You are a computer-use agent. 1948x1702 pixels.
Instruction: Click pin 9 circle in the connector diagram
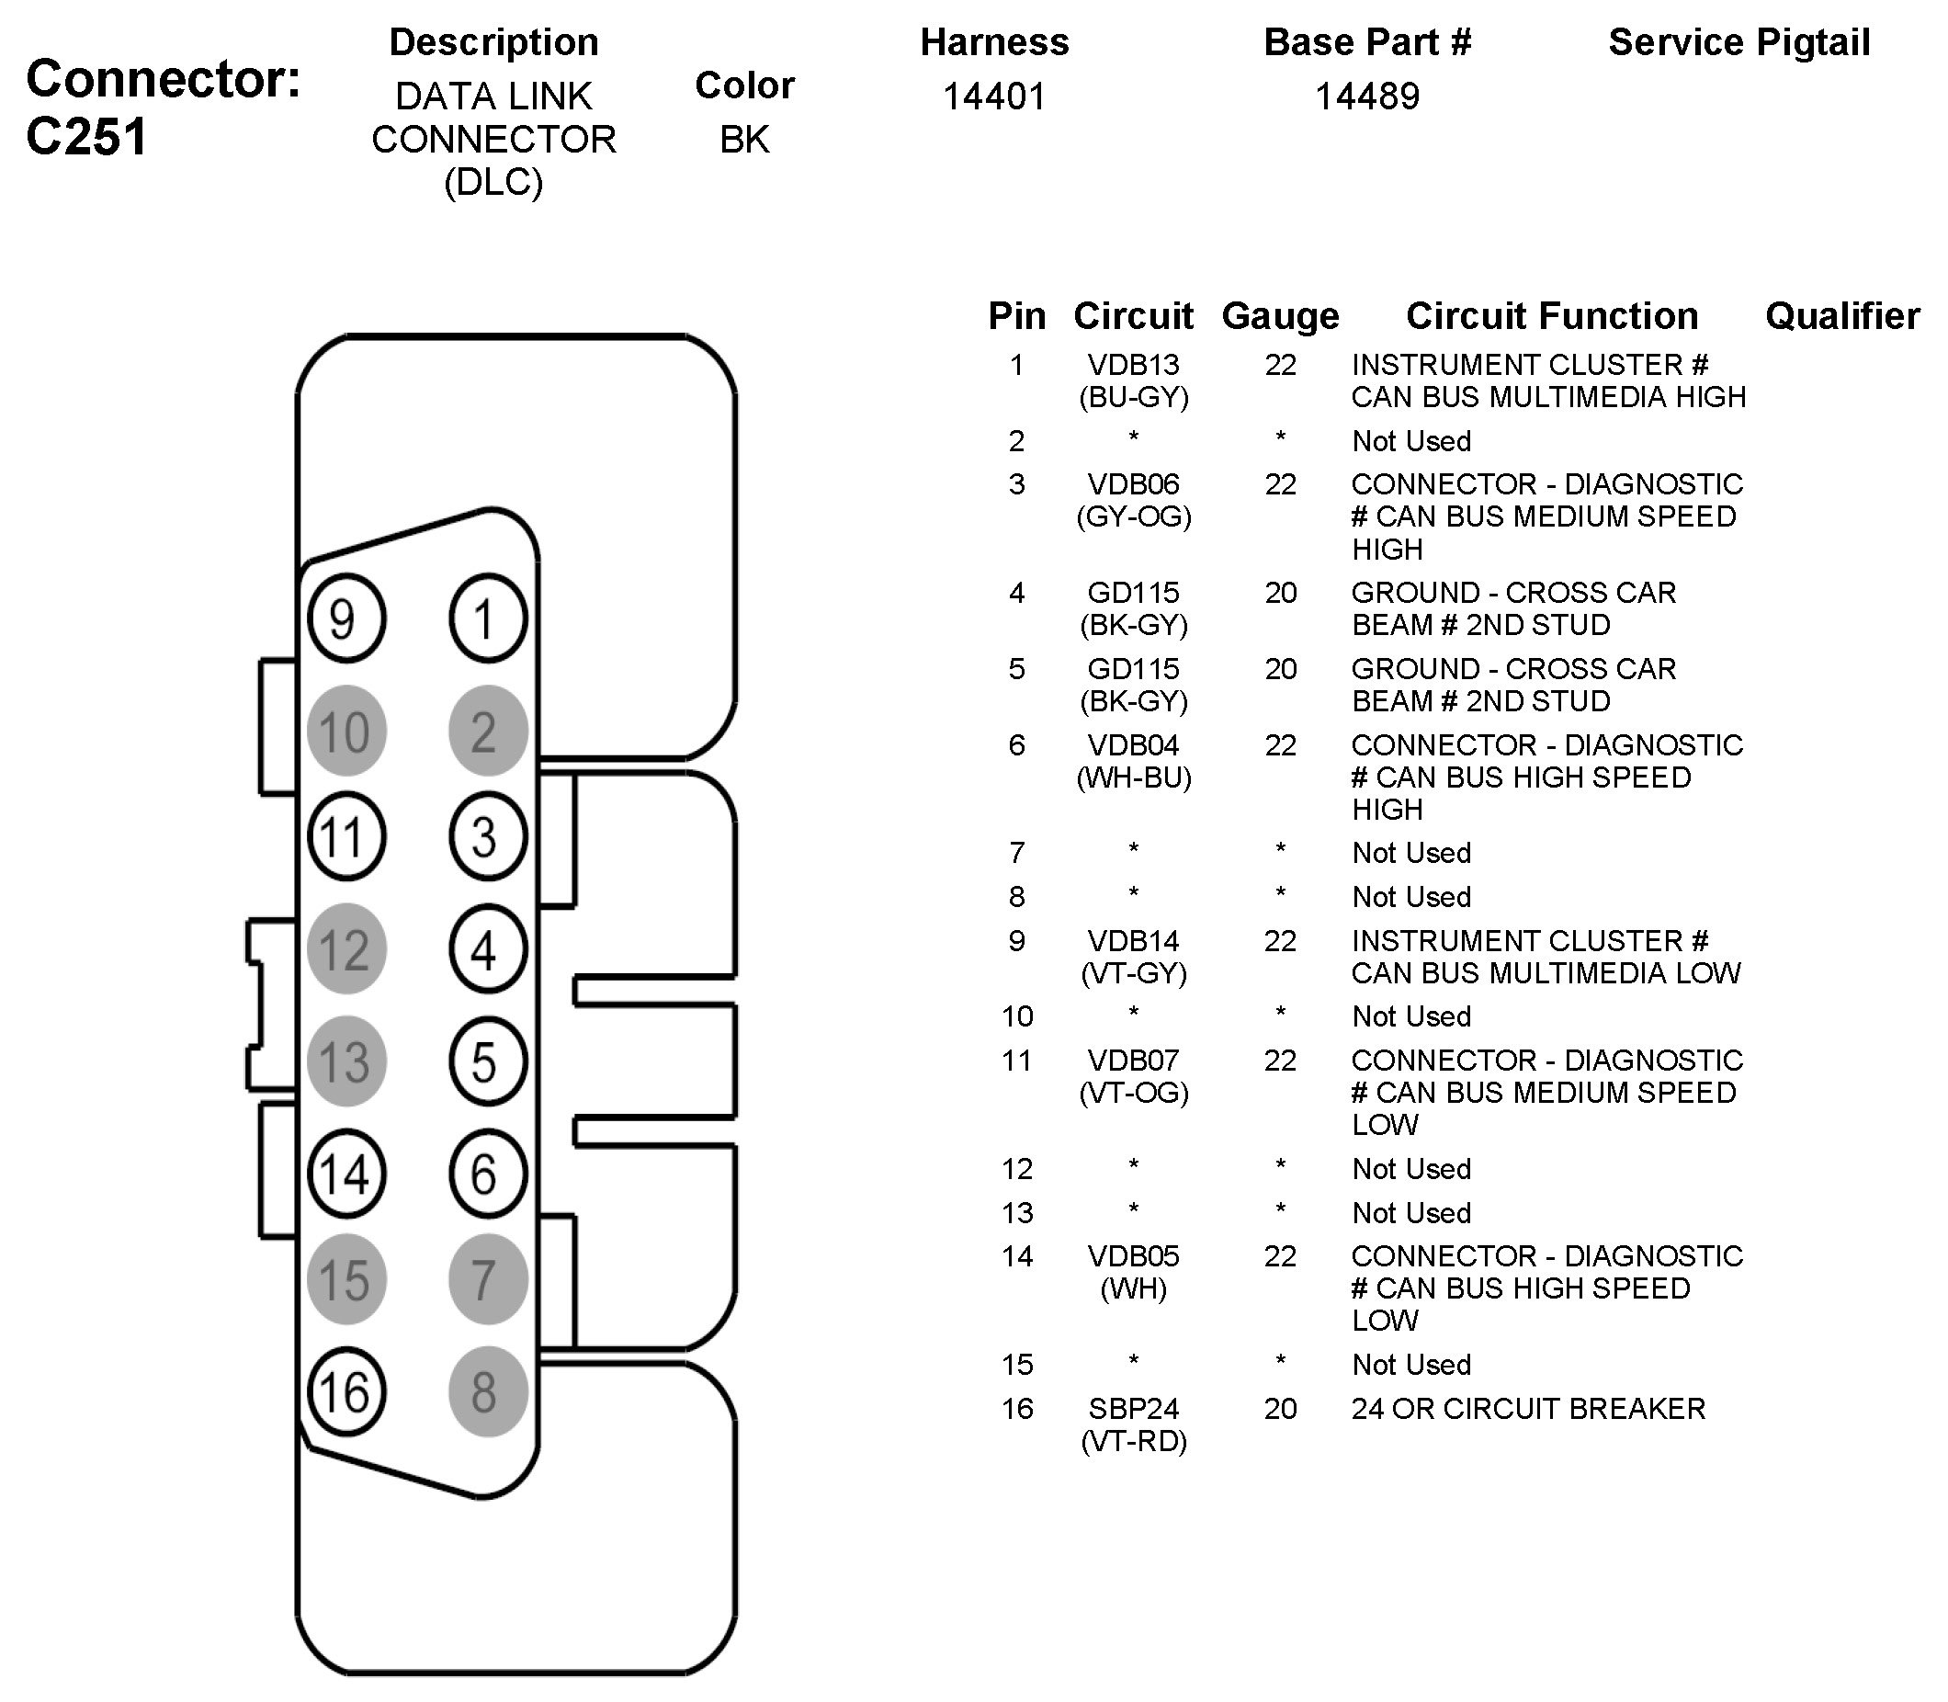[345, 618]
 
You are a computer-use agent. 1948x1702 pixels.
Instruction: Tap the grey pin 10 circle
[345, 732]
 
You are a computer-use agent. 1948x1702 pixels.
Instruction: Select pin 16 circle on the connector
[345, 1392]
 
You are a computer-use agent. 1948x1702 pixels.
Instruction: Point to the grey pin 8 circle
[487, 1392]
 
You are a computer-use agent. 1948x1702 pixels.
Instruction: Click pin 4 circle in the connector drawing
[487, 949]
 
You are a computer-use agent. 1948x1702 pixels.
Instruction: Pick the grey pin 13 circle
[345, 1061]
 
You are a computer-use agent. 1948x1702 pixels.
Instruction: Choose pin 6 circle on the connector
[487, 1174]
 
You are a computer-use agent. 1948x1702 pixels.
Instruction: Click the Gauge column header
[1279, 316]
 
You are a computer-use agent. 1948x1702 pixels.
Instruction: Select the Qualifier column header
[1841, 316]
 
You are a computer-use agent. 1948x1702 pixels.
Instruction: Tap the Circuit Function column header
[1551, 316]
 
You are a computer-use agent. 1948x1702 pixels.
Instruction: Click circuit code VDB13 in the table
[1133, 365]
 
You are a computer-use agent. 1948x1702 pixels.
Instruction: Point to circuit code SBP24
[1133, 1409]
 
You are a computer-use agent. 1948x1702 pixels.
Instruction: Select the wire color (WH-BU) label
[1133, 777]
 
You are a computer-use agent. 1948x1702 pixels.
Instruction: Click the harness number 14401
[993, 96]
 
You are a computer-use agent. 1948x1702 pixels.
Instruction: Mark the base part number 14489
[1366, 96]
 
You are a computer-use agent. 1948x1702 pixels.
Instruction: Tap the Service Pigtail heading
[1738, 43]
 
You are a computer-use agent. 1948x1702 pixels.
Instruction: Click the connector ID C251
[87, 137]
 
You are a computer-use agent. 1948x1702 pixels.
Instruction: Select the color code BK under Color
[743, 140]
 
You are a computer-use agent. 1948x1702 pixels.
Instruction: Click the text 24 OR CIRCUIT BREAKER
[1527, 1409]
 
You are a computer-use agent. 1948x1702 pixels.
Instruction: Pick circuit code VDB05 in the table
[1133, 1256]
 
